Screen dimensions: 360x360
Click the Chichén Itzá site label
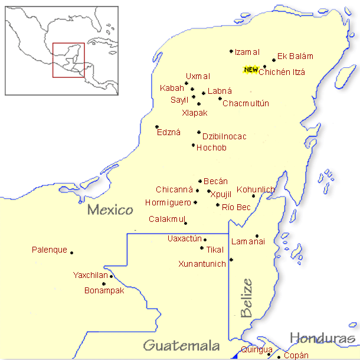[x=282, y=72]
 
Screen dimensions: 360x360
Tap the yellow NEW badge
[x=251, y=70]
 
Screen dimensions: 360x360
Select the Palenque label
[x=50, y=250]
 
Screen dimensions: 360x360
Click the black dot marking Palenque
[x=72, y=253]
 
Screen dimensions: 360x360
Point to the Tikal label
[x=215, y=250]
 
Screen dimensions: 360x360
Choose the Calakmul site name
[x=165, y=219]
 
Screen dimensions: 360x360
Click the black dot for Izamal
[x=231, y=51]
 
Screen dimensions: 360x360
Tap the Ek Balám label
[x=295, y=57]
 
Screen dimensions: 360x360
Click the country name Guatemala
[x=182, y=345]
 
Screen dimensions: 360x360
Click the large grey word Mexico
[x=109, y=210]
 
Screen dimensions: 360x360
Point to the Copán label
[x=296, y=355]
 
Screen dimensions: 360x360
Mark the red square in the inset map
[x=68, y=60]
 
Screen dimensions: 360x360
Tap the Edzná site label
[x=169, y=133]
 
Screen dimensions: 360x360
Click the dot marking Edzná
[x=156, y=126]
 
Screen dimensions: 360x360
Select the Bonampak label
[x=104, y=290]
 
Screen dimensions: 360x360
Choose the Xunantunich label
[x=202, y=264]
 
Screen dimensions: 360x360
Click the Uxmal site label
[x=198, y=77]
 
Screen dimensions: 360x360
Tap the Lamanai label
[x=248, y=241]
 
